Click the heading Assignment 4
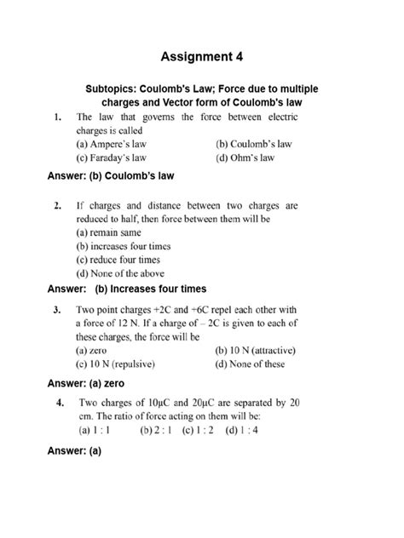pyautogui.click(x=201, y=57)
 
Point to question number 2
pyautogui.click(x=56, y=205)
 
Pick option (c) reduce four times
pyautogui.click(x=118, y=259)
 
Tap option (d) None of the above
pyautogui.click(x=122, y=272)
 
